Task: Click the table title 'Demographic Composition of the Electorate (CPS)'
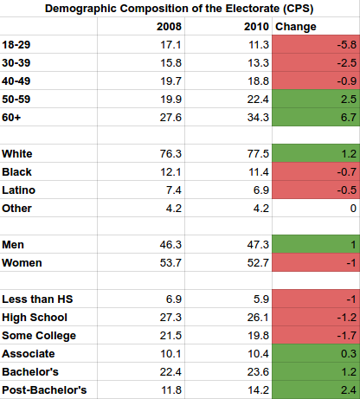pyautogui.click(x=179, y=9)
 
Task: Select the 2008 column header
pyautogui.click(x=169, y=27)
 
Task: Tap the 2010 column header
pyautogui.click(x=256, y=27)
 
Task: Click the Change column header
pyautogui.click(x=296, y=27)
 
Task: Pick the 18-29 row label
pyautogui.click(x=16, y=45)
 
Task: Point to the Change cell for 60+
pyautogui.click(x=316, y=117)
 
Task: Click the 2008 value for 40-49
pyautogui.click(x=171, y=81)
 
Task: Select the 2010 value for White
pyautogui.click(x=258, y=154)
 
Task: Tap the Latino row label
pyautogui.click(x=19, y=190)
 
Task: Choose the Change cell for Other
pyautogui.click(x=316, y=208)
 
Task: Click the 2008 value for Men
pyautogui.click(x=170, y=245)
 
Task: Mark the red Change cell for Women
pyautogui.click(x=316, y=262)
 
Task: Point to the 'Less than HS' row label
pyautogui.click(x=37, y=299)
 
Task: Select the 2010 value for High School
pyautogui.click(x=258, y=318)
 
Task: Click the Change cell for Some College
pyautogui.click(x=316, y=335)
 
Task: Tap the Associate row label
pyautogui.click(x=29, y=354)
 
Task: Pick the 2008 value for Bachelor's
pyautogui.click(x=170, y=372)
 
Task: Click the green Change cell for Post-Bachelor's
pyautogui.click(x=316, y=389)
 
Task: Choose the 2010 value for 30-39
pyautogui.click(x=259, y=63)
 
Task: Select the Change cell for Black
pyautogui.click(x=316, y=171)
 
